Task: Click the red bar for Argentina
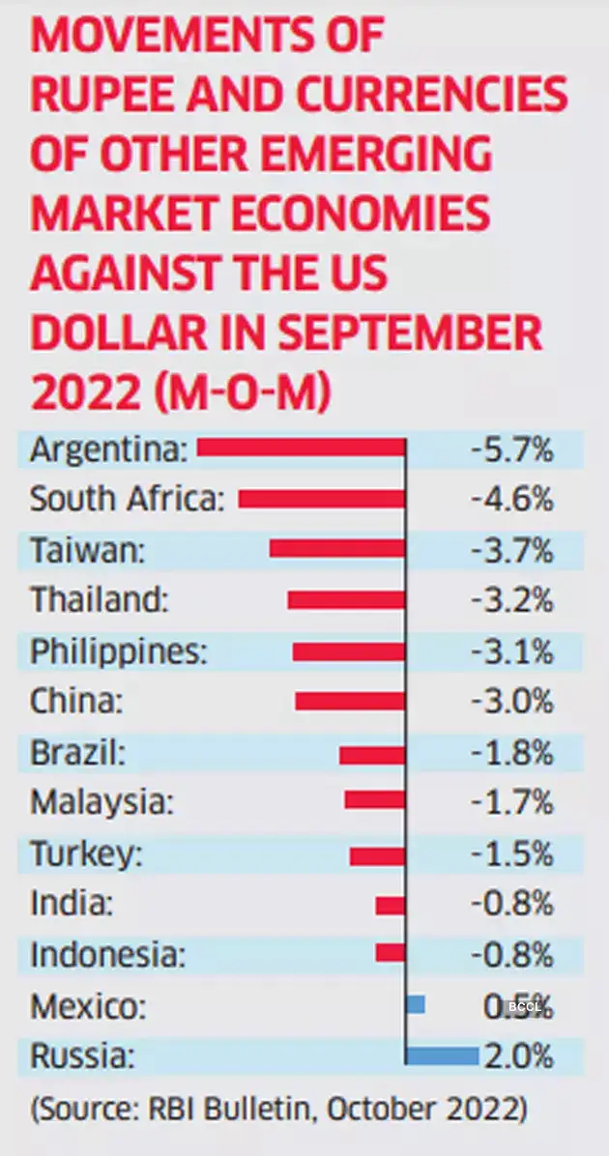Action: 301,448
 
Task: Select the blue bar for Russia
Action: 442,1055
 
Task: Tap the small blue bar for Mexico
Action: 416,1004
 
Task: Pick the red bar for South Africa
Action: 322,499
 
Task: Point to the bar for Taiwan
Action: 337,549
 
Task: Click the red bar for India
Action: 391,905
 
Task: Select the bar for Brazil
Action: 372,754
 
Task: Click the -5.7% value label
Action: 511,448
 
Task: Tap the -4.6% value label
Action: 511,499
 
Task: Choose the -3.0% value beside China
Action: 511,701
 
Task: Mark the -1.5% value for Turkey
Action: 511,853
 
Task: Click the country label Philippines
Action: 119,650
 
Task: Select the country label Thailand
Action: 100,599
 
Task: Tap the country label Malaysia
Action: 102,801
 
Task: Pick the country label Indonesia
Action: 107,954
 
